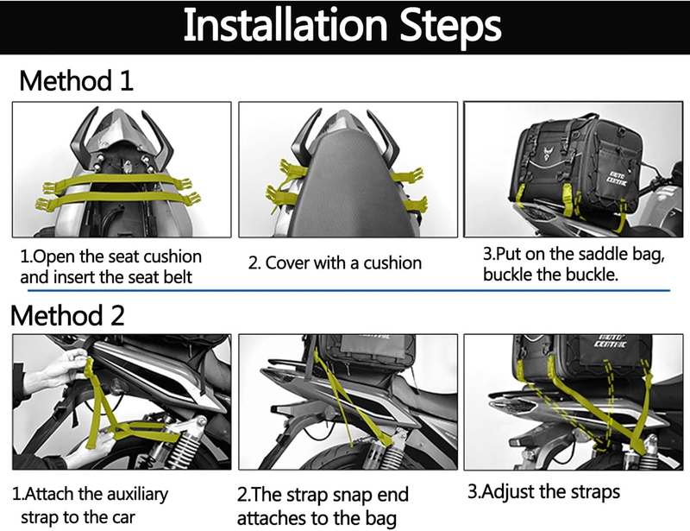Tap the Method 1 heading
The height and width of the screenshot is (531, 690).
76,80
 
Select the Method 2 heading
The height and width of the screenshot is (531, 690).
67,315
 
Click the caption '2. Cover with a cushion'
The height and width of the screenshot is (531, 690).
335,262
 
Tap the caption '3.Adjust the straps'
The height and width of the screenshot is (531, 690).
543,491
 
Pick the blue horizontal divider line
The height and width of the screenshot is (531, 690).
348,291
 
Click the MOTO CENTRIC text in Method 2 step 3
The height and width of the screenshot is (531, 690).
611,341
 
